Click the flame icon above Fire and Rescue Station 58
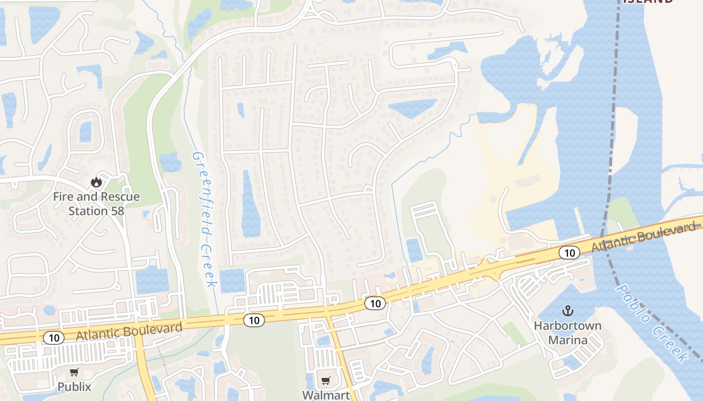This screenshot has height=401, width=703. click(x=96, y=182)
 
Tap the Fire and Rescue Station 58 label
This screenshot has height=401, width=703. click(x=96, y=204)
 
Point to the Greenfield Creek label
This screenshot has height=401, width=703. click(x=204, y=220)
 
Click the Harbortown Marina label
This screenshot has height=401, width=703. click(x=567, y=333)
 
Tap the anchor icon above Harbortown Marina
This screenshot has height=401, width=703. click(x=568, y=311)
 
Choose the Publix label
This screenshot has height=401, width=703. click(x=74, y=386)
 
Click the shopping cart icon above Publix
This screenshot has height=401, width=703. click(x=74, y=372)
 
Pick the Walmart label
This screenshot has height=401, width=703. click(x=326, y=394)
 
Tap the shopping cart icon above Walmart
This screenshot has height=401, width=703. click(x=326, y=380)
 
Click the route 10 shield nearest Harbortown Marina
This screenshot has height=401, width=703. click(x=569, y=253)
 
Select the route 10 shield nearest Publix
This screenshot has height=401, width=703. click(x=54, y=338)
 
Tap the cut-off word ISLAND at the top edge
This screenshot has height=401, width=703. click(x=648, y=2)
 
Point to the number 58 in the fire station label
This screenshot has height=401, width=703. click(x=117, y=211)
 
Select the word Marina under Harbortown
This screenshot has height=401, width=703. click(x=567, y=340)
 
